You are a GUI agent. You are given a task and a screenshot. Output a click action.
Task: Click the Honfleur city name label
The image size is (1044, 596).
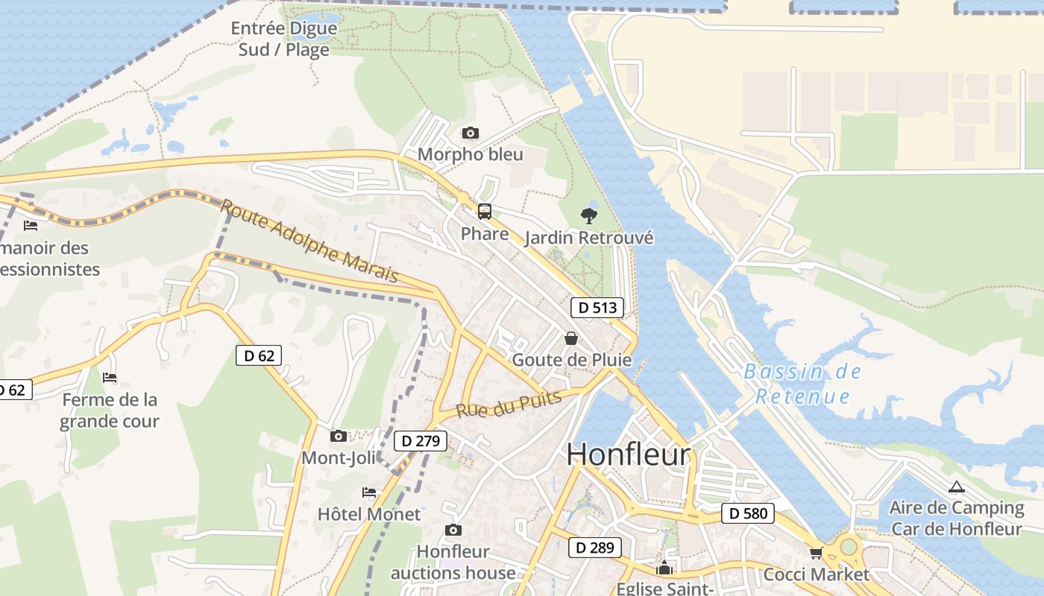(x=629, y=454)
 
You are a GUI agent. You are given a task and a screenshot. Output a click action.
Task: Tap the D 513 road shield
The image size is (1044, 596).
(x=597, y=307)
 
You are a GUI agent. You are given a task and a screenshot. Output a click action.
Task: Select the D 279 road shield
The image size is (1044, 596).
(x=420, y=441)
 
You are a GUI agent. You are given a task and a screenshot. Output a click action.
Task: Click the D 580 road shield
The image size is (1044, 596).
(x=748, y=513)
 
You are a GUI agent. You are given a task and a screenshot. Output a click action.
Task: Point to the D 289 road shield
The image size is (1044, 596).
(x=594, y=548)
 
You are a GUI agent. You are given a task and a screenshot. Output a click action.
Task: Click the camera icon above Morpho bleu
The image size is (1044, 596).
(x=470, y=133)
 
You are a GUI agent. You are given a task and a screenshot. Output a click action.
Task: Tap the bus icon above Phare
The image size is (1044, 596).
(x=485, y=212)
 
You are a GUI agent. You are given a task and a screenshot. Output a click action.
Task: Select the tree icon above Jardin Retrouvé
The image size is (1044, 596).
(x=589, y=216)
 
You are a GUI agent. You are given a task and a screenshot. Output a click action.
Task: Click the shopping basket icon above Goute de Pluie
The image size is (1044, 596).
(x=571, y=338)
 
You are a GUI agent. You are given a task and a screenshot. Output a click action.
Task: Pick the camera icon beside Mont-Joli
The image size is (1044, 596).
(x=339, y=436)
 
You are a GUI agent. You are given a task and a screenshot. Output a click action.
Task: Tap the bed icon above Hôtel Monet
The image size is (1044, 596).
(x=368, y=492)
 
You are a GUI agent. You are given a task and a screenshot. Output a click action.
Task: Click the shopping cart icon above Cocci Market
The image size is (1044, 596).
(x=816, y=553)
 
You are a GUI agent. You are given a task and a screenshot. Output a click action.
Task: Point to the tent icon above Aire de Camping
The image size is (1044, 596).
(x=956, y=487)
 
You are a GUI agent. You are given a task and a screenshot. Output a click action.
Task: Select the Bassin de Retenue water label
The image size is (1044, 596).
(x=802, y=384)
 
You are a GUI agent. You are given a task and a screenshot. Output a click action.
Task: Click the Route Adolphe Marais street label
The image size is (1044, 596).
(x=309, y=241)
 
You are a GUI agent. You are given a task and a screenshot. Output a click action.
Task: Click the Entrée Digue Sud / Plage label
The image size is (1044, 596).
(x=283, y=39)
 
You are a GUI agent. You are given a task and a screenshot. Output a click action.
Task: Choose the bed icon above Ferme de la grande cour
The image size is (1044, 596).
(x=110, y=378)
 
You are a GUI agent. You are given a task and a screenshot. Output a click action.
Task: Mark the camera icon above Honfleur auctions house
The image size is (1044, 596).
(x=453, y=530)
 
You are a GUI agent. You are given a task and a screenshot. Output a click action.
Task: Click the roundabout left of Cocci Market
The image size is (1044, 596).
(x=849, y=548)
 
